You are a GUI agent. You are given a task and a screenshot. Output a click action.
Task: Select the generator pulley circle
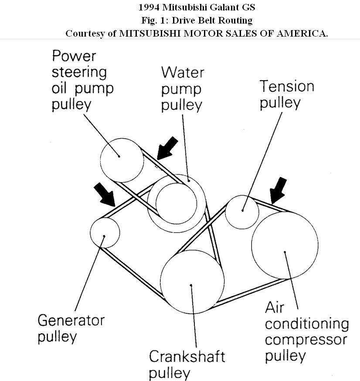105,231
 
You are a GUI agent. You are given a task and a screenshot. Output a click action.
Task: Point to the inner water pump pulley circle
174,199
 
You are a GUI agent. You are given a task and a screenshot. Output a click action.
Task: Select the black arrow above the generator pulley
104,194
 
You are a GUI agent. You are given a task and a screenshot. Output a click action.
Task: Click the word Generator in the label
71,320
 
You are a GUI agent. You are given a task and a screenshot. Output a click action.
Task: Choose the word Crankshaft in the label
187,356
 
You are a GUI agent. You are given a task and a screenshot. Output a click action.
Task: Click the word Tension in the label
287,86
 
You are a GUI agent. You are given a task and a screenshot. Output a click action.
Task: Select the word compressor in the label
306,340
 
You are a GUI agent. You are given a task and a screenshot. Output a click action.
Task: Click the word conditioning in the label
307,324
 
